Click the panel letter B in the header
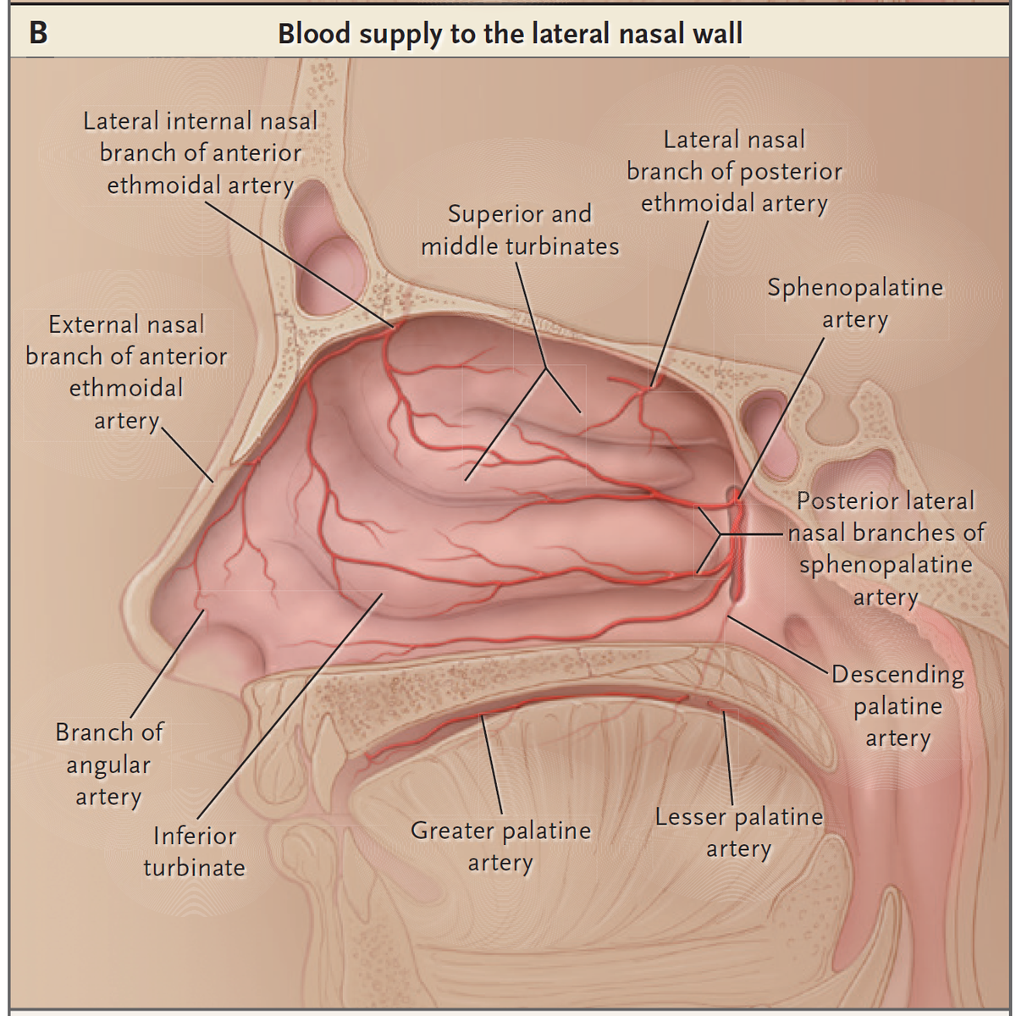click(x=38, y=33)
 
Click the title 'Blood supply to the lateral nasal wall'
click(x=510, y=34)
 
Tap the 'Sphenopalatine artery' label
click(x=854, y=303)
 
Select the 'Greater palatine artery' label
click(x=500, y=845)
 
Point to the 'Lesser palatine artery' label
click(x=738, y=832)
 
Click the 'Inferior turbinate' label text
click(x=195, y=851)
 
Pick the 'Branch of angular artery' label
click(x=109, y=764)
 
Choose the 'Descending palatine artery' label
click(x=898, y=705)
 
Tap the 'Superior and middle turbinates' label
click(x=520, y=230)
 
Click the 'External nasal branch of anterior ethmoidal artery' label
click(x=126, y=373)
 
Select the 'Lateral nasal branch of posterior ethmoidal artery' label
click(x=734, y=171)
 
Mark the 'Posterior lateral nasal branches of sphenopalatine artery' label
click(x=886, y=549)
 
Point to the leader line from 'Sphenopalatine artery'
click(x=781, y=418)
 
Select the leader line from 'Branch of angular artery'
click(x=168, y=663)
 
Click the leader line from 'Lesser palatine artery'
click(x=728, y=758)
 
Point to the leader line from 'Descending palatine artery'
click(x=777, y=643)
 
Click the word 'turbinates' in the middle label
click(x=562, y=246)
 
